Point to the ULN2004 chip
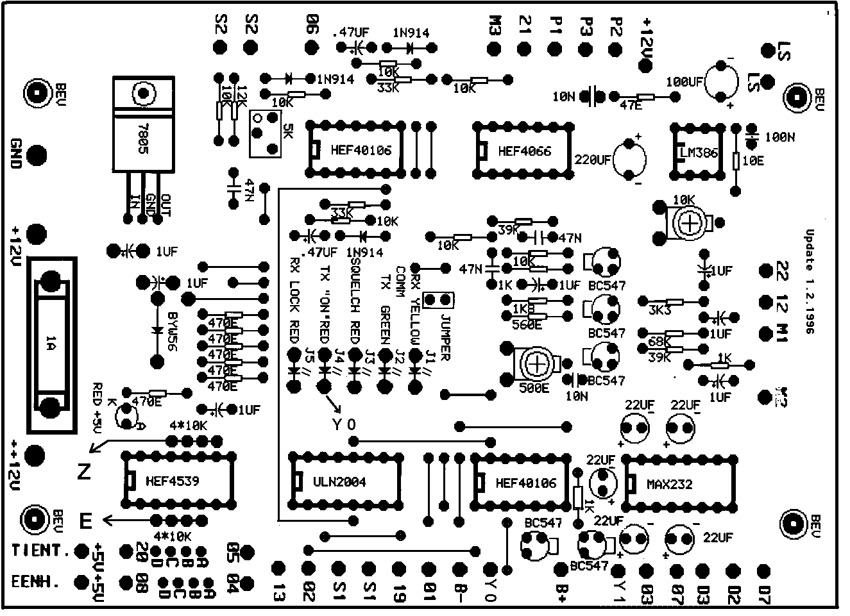[x=339, y=482]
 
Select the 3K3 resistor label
[x=660, y=310]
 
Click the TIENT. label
[x=40, y=551]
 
